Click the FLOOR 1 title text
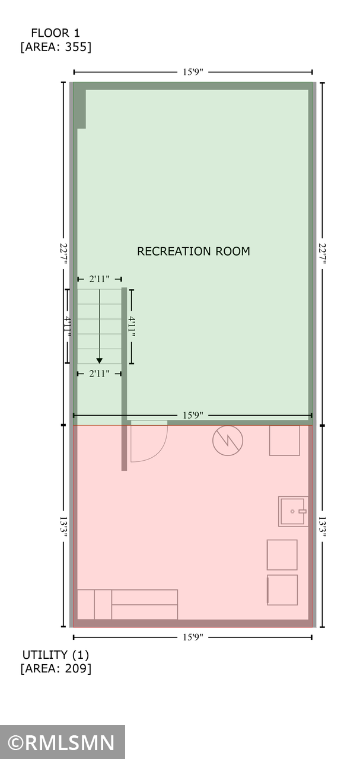[56, 33]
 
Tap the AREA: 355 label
[56, 47]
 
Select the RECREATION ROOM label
[193, 251]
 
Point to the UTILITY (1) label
[56, 655]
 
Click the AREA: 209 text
[56, 669]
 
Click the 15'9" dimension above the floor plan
[193, 72]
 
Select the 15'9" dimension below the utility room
[193, 637]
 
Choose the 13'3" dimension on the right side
[322, 527]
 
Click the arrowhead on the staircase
[99, 361]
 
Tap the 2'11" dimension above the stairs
[99, 279]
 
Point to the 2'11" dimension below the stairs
[99, 374]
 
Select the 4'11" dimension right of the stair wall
[132, 327]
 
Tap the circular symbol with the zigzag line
[228, 440]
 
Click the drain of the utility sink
[292, 511]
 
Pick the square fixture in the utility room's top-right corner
[285, 440]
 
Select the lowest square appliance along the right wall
[282, 590]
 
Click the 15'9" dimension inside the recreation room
[193, 415]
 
